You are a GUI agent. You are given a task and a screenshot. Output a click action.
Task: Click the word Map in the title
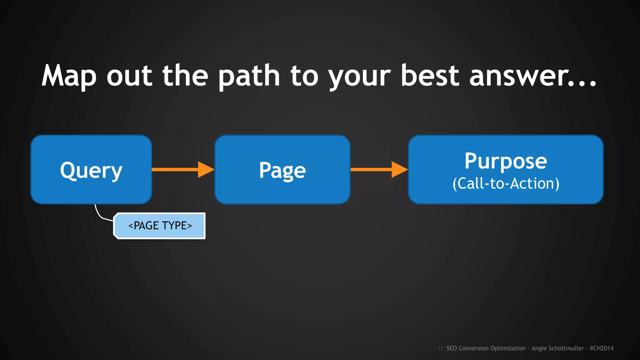69,76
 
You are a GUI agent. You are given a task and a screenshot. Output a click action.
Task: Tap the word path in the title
249,76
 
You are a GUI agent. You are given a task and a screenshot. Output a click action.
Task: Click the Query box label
91,171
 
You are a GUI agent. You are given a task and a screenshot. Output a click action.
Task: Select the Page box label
282,171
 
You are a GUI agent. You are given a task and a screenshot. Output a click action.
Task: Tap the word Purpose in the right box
506,161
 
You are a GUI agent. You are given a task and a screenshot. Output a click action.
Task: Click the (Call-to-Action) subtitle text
506,183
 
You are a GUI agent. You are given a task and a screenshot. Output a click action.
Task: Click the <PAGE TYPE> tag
160,226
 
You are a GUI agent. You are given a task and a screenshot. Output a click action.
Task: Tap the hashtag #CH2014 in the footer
602,348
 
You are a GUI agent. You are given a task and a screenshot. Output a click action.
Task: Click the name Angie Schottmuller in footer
557,348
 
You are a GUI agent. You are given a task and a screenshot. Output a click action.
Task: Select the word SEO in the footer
452,348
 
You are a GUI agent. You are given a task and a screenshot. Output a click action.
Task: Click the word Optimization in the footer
508,348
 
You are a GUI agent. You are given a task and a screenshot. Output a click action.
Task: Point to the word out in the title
129,76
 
